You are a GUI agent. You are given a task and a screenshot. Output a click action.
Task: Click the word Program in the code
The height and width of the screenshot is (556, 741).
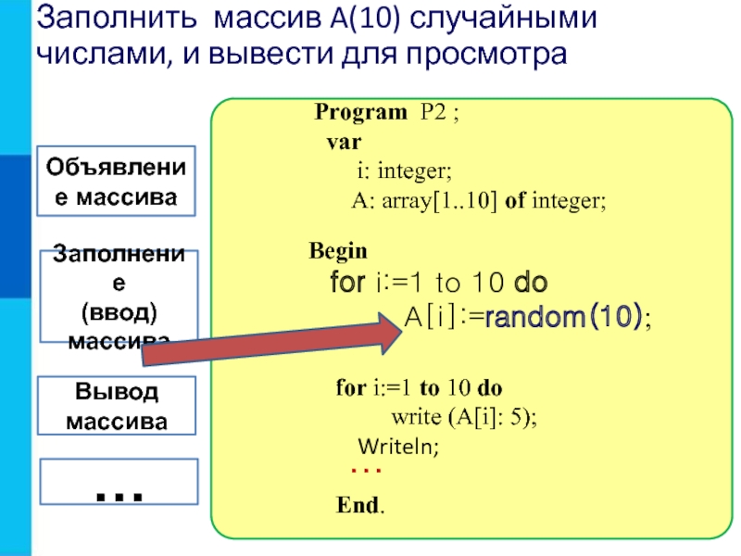[x=359, y=114]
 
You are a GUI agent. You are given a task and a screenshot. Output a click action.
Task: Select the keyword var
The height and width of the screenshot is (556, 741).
[x=344, y=144]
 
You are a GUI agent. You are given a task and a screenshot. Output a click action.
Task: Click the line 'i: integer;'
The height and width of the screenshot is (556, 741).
[x=405, y=171]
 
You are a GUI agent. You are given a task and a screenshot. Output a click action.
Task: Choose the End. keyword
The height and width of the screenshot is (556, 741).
[x=361, y=507]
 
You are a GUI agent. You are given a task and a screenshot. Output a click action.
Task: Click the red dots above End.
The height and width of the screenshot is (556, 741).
[x=366, y=472]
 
